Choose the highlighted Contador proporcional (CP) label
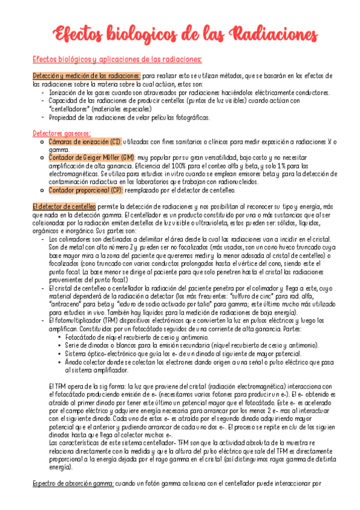coord(86,189)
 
